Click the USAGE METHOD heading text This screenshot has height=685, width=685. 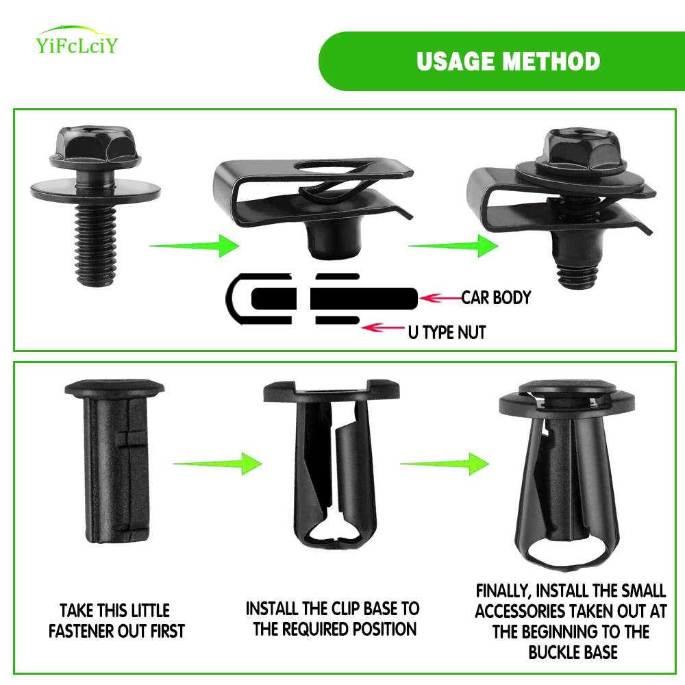click(508, 61)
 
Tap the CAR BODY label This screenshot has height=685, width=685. click(496, 297)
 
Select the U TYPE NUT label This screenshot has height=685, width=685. click(447, 332)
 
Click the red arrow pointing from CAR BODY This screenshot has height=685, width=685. click(440, 299)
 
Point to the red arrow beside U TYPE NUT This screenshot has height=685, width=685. click(383, 327)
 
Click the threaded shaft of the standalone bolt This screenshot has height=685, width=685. click(96, 245)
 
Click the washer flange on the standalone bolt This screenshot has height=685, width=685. click(95, 190)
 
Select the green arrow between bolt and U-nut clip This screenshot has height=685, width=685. click(195, 246)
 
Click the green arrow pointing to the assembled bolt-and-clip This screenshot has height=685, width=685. click(453, 246)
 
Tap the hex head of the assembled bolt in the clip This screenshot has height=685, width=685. click(581, 150)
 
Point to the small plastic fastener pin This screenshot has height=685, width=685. click(115, 461)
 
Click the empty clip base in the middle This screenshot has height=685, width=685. click(332, 464)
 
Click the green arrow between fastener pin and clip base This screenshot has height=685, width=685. click(218, 464)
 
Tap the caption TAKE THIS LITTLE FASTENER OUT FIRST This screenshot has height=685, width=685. click(116, 621)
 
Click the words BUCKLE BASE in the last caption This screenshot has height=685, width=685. click(573, 652)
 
